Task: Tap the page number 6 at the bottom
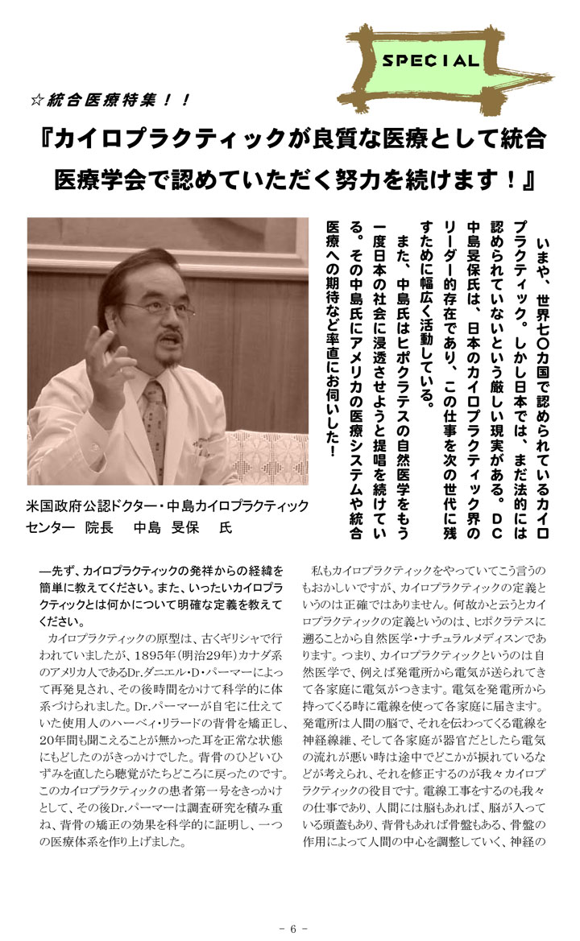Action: tap(294, 928)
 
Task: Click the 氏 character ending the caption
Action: tap(225, 528)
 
